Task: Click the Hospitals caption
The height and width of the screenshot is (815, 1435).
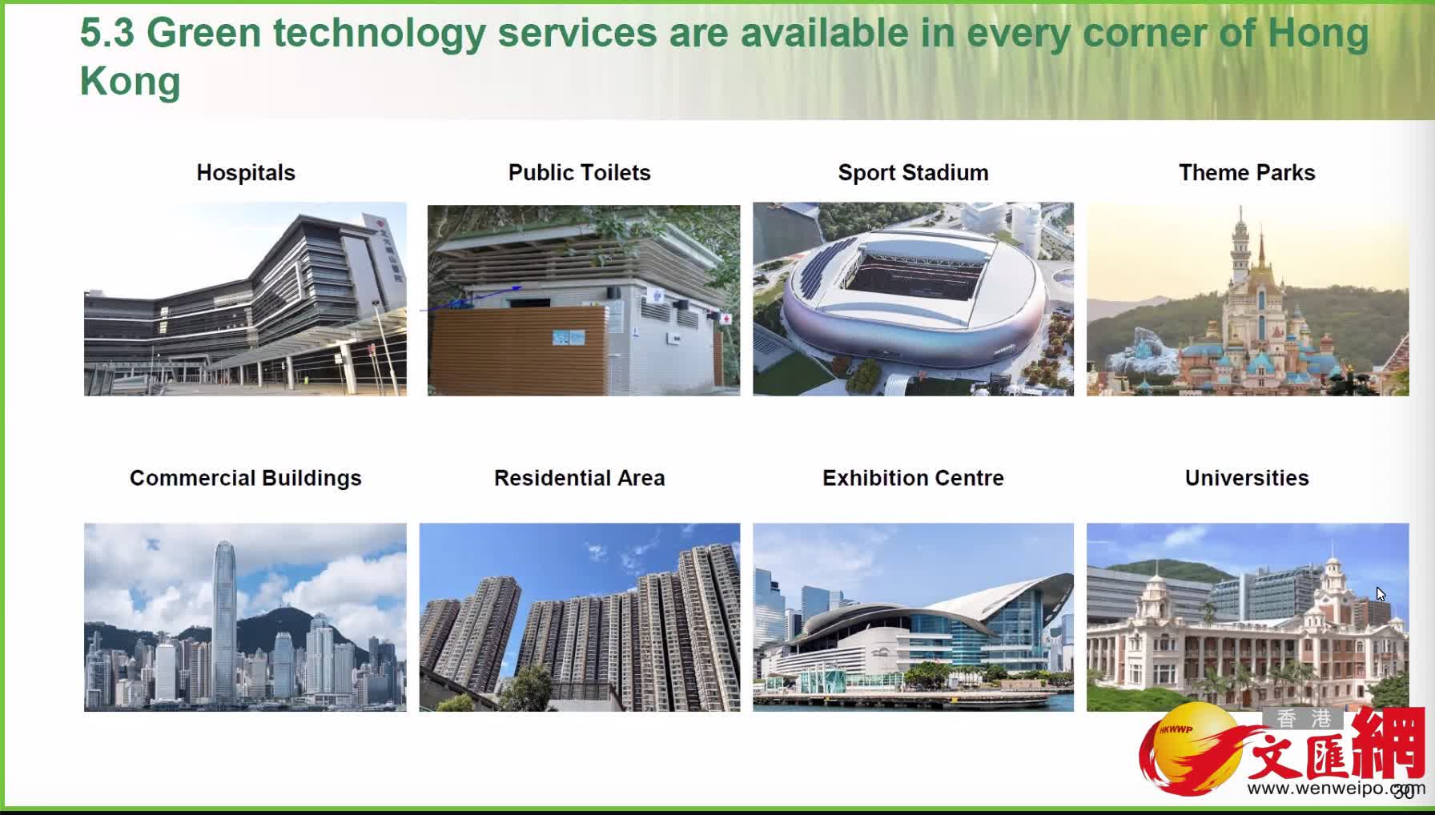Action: [246, 173]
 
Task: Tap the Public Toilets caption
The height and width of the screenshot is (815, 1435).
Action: [580, 173]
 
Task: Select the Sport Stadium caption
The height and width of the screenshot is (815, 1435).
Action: [913, 173]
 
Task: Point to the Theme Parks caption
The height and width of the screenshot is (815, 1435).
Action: [1247, 173]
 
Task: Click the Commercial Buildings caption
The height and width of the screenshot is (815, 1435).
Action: [246, 478]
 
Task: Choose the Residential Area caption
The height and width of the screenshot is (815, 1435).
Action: [580, 478]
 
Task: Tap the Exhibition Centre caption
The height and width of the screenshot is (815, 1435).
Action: [913, 478]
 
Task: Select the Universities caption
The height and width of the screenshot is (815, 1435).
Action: [1247, 478]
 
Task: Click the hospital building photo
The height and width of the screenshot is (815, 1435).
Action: [245, 299]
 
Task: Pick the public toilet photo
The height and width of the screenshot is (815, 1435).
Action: [584, 300]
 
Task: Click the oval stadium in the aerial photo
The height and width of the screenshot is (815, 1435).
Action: [913, 300]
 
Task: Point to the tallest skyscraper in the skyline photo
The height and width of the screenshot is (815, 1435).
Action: [225, 616]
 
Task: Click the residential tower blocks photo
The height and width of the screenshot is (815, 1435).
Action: [580, 617]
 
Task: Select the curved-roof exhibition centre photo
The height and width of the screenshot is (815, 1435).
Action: [913, 617]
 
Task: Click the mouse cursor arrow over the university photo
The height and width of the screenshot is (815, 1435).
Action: [1381, 594]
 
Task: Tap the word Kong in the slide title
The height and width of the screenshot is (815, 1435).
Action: [131, 81]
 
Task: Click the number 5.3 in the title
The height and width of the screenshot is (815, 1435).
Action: [107, 33]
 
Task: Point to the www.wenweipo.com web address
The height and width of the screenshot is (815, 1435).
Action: [1336, 789]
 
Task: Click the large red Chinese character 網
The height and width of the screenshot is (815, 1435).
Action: [1389, 743]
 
